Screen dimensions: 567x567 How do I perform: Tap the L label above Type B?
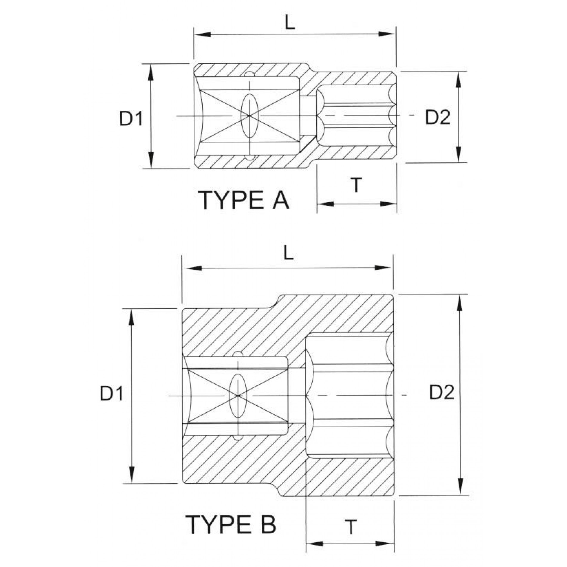click(x=288, y=254)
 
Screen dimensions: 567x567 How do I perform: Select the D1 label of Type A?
click(x=131, y=118)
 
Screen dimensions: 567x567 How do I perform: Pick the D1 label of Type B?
click(x=112, y=393)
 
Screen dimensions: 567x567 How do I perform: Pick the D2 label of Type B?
click(x=442, y=392)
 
